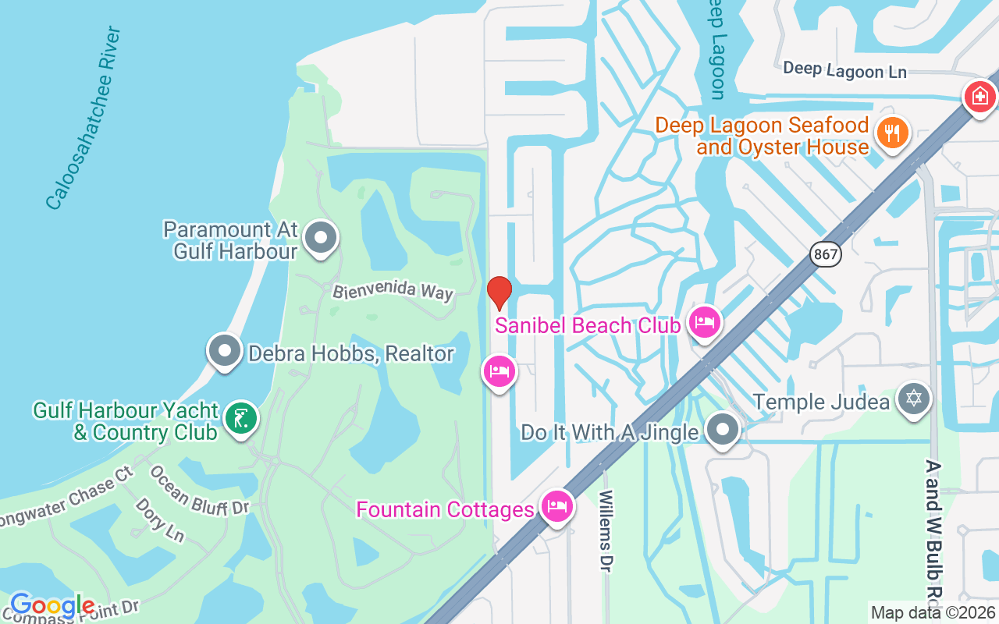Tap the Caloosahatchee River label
83,119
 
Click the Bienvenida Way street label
393,291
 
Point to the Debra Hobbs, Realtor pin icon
225,351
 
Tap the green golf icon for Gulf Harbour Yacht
241,419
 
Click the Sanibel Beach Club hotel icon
705,322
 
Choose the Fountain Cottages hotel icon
556,506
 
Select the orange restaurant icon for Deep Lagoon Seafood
891,133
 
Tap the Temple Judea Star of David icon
914,399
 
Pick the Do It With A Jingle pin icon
723,429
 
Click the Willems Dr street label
606,530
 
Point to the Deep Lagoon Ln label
844,70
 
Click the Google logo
52,605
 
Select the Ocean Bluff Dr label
199,490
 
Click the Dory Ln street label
160,519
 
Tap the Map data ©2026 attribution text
933,613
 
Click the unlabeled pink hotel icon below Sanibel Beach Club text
499,371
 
